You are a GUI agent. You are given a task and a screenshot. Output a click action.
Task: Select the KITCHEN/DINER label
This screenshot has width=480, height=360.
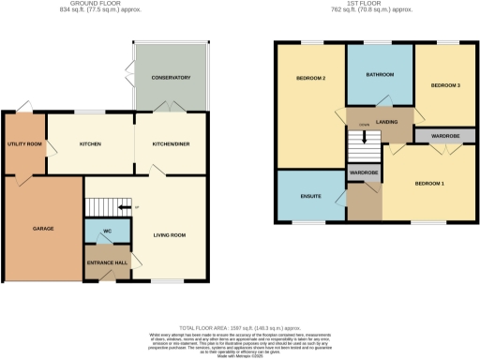(x=170, y=144)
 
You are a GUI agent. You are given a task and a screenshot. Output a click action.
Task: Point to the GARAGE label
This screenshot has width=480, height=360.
(x=43, y=229)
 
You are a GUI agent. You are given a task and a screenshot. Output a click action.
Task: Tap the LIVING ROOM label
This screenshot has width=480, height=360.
(x=170, y=234)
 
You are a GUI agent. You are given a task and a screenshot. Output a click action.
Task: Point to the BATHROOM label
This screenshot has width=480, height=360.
(x=380, y=74)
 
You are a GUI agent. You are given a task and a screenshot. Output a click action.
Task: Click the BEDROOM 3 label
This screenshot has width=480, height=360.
(x=445, y=85)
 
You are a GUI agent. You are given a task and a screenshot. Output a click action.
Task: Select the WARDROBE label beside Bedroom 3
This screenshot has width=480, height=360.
(x=445, y=136)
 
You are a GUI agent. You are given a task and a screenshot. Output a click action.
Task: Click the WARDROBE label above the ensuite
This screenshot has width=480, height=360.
(x=363, y=173)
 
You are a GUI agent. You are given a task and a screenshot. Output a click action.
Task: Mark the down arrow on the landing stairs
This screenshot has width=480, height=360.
(x=365, y=137)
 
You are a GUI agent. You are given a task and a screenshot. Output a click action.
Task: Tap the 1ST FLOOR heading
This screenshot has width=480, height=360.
(x=374, y=6)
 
